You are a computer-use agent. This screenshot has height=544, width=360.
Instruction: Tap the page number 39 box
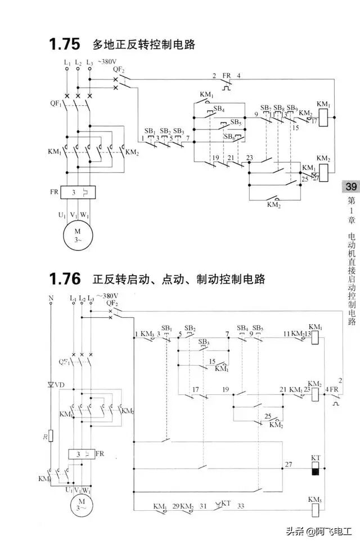pos(351,187)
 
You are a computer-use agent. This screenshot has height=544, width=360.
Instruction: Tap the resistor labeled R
pos(51,436)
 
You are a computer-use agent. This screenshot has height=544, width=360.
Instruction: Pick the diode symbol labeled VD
pos(51,385)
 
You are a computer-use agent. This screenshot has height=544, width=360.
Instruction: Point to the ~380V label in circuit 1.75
pos(107,61)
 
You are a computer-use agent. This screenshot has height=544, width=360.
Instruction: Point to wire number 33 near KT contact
pos(241,506)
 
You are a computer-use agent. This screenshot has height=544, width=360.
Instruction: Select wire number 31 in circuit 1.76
pos(204,506)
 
